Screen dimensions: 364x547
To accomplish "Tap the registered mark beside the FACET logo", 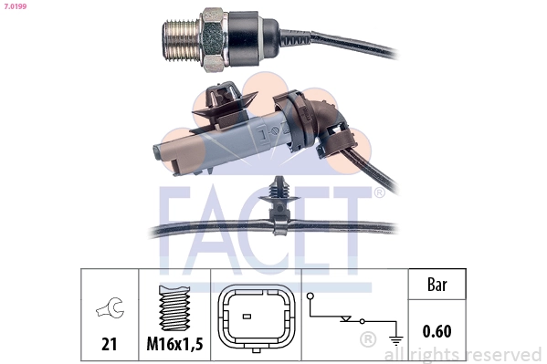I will coord(378,193).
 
